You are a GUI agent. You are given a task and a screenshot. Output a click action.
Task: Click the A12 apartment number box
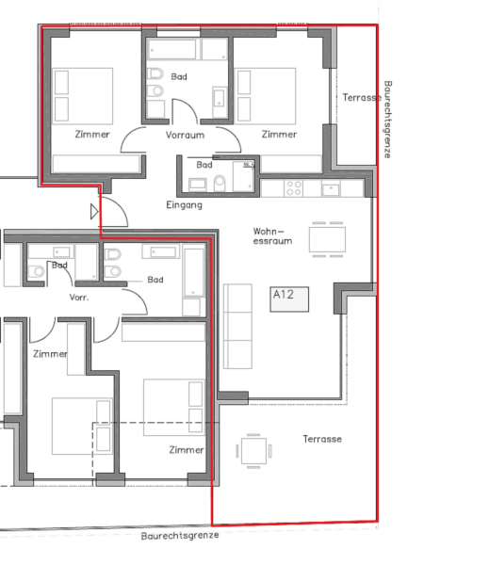point(289,299)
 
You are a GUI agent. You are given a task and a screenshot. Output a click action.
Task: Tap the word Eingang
point(184,205)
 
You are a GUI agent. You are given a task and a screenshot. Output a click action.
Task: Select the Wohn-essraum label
point(272,236)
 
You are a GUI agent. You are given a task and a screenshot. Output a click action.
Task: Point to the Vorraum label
point(185,135)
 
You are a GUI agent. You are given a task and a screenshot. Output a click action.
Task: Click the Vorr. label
point(79,298)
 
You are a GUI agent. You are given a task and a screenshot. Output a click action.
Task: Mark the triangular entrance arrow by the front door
point(94,212)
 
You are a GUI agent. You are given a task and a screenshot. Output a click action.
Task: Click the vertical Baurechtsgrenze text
point(387,120)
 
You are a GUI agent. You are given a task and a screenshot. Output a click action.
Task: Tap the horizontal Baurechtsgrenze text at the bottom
point(180,536)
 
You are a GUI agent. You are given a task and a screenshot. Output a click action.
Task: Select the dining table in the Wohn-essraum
point(328,239)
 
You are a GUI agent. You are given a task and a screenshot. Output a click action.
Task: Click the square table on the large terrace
point(253,451)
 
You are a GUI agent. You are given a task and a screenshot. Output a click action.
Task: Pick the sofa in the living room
point(237,327)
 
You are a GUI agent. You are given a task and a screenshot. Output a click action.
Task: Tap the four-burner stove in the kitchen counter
point(294,188)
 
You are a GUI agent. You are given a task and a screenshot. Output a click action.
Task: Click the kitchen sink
point(331,189)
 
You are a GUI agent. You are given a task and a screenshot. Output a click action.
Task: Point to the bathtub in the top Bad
point(173,49)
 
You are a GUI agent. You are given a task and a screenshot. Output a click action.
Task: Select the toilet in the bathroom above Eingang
point(220,183)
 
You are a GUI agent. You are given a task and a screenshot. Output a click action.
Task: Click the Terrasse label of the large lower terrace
point(322,439)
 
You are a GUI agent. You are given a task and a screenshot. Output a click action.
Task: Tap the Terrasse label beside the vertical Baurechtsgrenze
point(362,98)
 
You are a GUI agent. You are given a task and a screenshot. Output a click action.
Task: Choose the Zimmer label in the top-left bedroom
point(92,135)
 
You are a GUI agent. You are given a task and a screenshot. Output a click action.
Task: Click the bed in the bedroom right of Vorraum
point(266,96)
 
